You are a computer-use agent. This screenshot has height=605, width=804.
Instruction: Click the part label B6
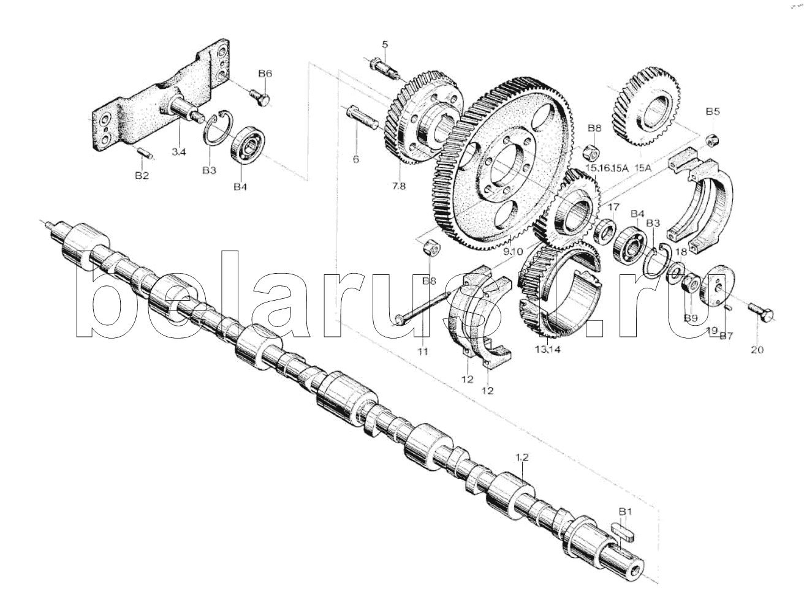(x=265, y=73)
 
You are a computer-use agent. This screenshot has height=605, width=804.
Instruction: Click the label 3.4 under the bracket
(x=178, y=152)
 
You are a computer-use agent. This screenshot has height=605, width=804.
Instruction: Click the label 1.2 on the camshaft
(x=521, y=457)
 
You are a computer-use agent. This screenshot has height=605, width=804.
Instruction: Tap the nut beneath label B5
(x=712, y=139)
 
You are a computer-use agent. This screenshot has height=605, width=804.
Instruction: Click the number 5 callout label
(x=385, y=43)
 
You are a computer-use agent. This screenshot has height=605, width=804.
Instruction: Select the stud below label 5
(x=384, y=67)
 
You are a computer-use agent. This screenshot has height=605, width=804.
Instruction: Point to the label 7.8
(x=398, y=187)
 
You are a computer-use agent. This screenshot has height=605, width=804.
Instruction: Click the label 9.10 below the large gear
(x=512, y=252)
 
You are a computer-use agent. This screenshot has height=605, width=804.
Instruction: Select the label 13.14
(x=547, y=350)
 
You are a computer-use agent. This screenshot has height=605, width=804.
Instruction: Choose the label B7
(x=726, y=336)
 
